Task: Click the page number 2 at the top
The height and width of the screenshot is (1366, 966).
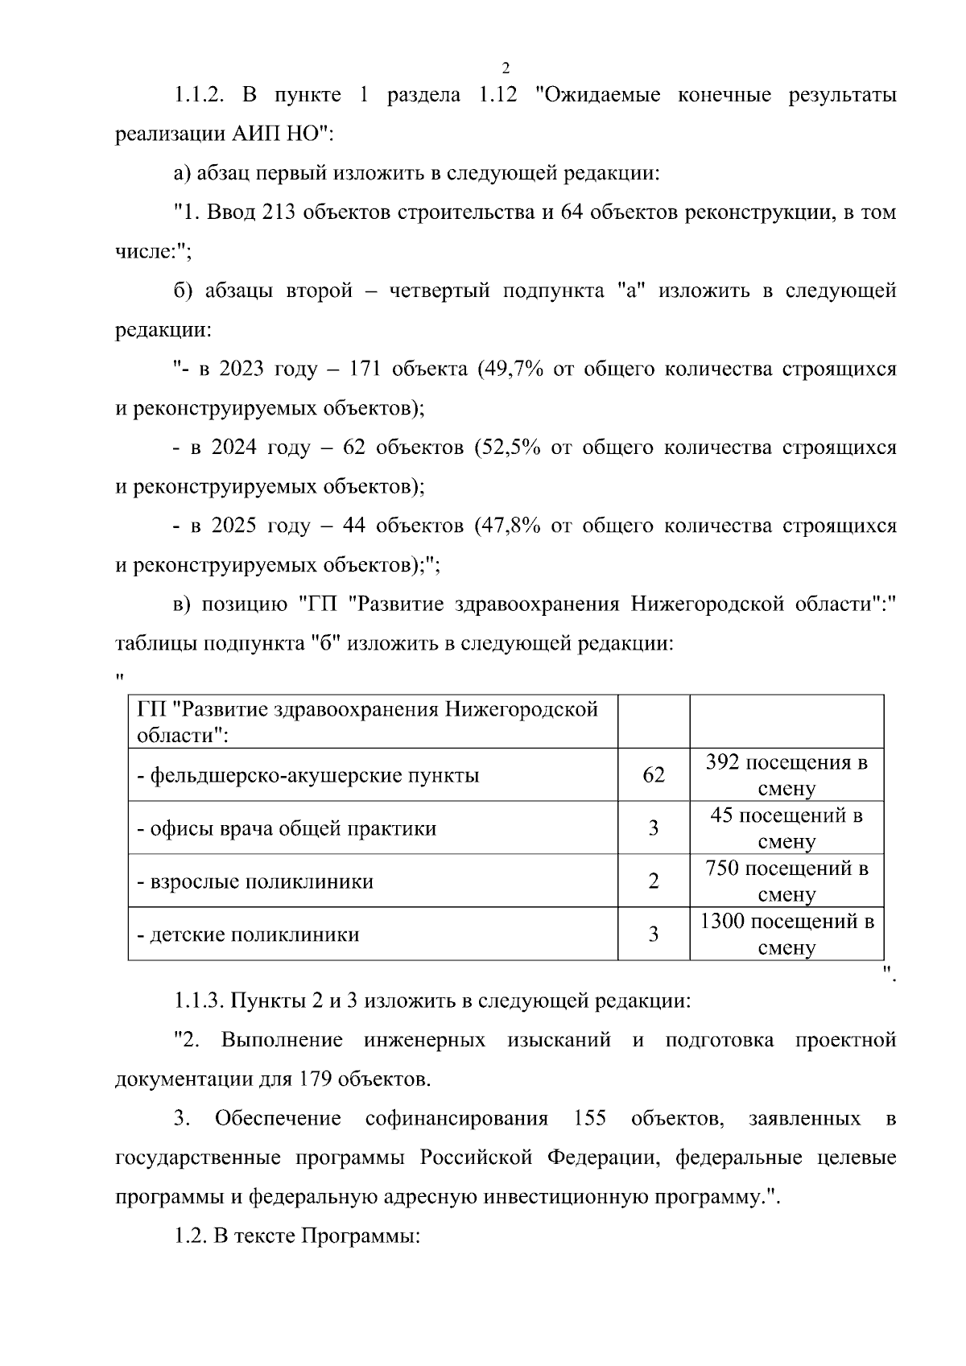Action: pyautogui.click(x=506, y=68)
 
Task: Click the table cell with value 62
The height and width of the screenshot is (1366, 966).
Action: pyautogui.click(x=653, y=775)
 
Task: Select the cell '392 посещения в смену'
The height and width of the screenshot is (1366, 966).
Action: pyautogui.click(x=786, y=775)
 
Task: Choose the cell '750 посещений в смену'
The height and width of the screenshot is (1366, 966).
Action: pyautogui.click(x=786, y=881)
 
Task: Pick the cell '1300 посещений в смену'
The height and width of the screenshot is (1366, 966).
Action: pyautogui.click(x=786, y=934)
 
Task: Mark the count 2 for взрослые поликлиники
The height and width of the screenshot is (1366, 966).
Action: pyautogui.click(x=653, y=881)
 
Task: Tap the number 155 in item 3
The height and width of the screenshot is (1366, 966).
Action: pyautogui.click(x=589, y=1120)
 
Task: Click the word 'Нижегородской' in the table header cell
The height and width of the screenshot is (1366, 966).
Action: pyautogui.click(x=522, y=710)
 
